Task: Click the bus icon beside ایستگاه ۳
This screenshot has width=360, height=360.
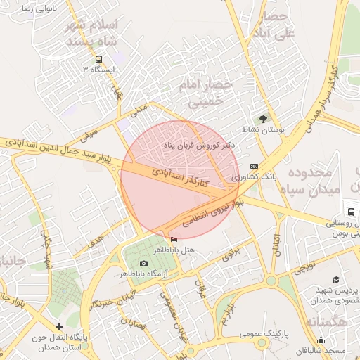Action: click(98, 59)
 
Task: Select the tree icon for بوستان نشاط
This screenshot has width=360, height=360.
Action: click(264, 119)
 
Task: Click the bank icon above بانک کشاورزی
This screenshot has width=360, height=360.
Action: click(254, 165)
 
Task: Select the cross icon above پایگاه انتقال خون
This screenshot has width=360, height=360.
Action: click(60, 326)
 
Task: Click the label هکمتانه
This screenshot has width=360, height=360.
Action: click(330, 321)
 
